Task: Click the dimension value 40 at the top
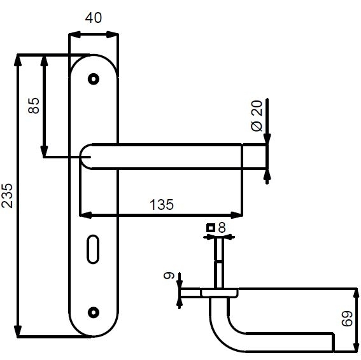[x=93, y=18]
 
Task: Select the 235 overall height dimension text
[x=7, y=195]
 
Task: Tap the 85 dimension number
[x=34, y=106]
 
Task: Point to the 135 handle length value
[x=161, y=205]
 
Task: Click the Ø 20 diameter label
[x=257, y=116]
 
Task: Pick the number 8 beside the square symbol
[x=222, y=228]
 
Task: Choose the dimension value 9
[x=169, y=275]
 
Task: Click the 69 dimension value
[x=347, y=319]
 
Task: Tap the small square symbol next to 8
[x=211, y=228]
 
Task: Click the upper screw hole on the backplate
[x=94, y=79]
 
